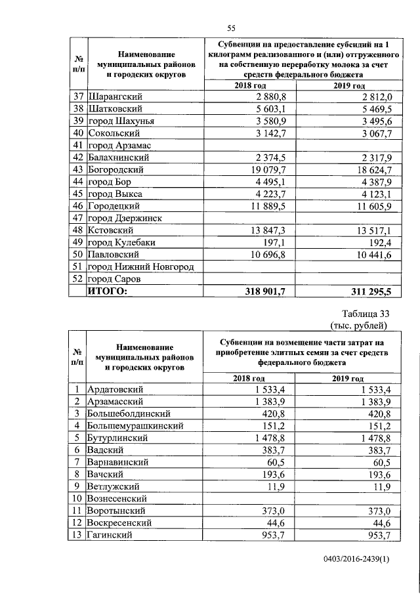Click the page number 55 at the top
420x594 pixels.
tap(231, 27)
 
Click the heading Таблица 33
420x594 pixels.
tap(366, 313)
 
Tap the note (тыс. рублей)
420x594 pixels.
tap(360, 325)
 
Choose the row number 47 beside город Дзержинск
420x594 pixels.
tap(77, 218)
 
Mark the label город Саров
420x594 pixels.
tap(114, 279)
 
